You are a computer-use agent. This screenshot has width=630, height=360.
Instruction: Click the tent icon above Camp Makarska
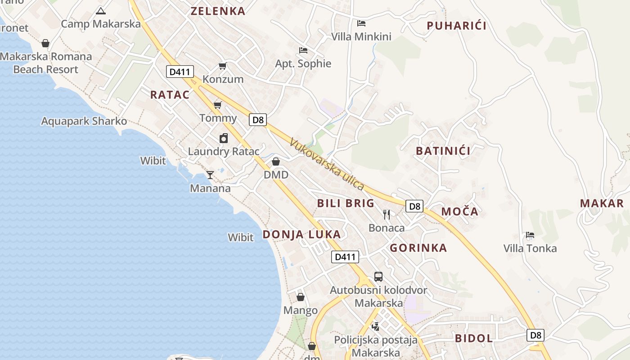pos(100,11)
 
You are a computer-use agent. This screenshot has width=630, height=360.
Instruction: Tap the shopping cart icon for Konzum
pos(222,66)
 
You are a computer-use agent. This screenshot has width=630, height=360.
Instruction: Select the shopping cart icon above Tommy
pos(218,105)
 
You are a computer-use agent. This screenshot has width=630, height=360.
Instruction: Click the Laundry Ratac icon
pos(224,138)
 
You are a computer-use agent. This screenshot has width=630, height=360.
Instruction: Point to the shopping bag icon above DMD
pos(276,162)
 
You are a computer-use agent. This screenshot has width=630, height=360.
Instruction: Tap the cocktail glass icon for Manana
pos(210,175)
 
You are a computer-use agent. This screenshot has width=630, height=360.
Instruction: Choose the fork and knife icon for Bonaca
pos(387,215)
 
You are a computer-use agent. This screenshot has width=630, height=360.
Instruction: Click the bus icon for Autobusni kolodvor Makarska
pos(378,277)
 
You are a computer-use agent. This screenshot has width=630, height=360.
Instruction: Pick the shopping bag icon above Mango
pos(301,297)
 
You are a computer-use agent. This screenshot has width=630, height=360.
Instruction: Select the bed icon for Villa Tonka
pos(530,235)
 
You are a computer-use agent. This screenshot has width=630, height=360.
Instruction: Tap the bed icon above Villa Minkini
pos(361,23)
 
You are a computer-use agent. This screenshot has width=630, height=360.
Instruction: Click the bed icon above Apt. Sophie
pos(303,50)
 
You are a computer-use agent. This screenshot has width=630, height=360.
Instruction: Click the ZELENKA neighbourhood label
pos(218,11)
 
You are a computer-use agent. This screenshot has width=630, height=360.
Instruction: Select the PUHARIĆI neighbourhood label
pos(456,26)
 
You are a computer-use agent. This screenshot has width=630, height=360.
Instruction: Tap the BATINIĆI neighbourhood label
pos(443,151)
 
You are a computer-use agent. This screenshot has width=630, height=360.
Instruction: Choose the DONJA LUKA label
pos(301,234)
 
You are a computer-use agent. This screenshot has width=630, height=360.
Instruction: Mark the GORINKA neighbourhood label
pos(418,248)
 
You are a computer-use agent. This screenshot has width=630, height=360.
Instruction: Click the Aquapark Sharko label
pos(84,121)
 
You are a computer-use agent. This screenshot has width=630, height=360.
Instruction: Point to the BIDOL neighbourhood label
pos(474,338)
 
